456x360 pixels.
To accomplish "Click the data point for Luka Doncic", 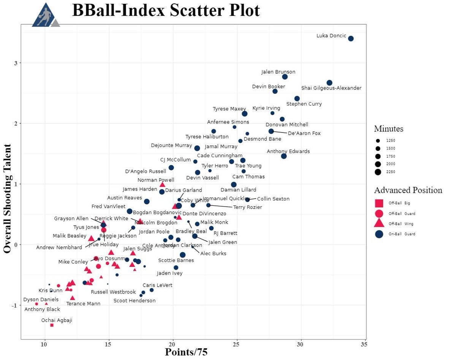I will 351,38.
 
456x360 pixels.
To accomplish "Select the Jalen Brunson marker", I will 285,77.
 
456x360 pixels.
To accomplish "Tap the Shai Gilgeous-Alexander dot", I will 329,83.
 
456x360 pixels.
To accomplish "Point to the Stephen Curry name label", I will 304,104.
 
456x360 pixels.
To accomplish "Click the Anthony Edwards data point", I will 284,156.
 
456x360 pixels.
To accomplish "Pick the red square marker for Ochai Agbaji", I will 52,325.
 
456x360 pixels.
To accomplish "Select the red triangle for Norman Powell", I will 162,185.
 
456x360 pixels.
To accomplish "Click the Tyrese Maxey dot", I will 245,114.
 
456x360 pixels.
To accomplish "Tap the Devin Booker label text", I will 268,87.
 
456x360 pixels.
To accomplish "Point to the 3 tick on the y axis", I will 16,63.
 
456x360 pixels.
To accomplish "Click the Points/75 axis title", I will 186,352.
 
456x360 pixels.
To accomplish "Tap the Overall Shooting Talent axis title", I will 8,198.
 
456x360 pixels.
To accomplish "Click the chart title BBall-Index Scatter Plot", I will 166,11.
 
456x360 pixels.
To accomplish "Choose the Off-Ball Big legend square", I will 379,203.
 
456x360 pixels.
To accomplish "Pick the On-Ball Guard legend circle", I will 379,234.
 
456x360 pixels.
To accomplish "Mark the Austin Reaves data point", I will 147,201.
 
